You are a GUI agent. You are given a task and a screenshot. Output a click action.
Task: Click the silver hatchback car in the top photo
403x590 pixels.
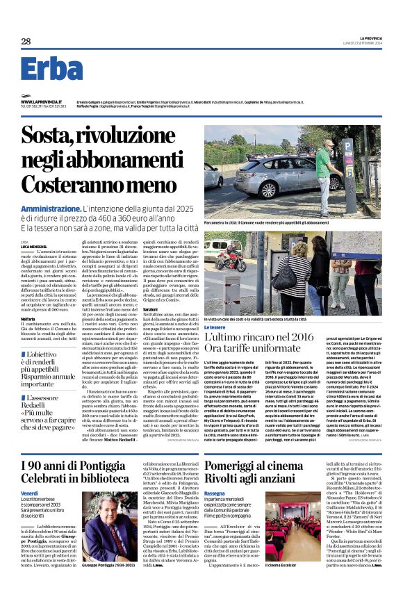click(274, 174)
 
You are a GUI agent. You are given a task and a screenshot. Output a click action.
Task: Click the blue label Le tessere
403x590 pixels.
click(215, 327)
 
